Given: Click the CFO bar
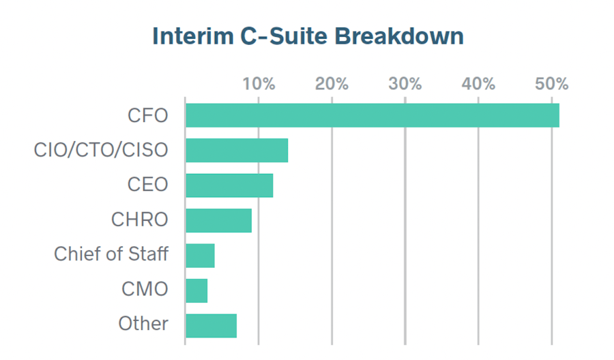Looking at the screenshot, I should pos(372,115).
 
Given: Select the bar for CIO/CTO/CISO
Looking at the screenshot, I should pos(237,150).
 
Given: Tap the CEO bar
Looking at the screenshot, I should pos(229,185).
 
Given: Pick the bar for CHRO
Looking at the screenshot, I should pos(218,220).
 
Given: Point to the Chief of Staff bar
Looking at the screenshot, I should pos(200,255).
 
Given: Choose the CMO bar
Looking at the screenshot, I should pos(196,290).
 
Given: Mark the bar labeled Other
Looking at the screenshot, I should pos(211,325).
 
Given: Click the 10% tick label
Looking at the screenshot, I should pos(259,84).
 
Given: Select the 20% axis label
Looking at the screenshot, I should pos(332,84).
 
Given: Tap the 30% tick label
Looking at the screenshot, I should pos(405,84).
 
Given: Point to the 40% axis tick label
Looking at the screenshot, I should pos(478,84).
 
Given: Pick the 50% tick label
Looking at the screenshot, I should pos(551,84).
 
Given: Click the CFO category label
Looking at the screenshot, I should pos(147,115).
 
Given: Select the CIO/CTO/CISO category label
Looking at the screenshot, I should pos(101,150).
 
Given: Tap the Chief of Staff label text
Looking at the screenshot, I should pos(111,255).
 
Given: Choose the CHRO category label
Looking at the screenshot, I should pos(139,220).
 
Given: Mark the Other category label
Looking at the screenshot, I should pos(143,324).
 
